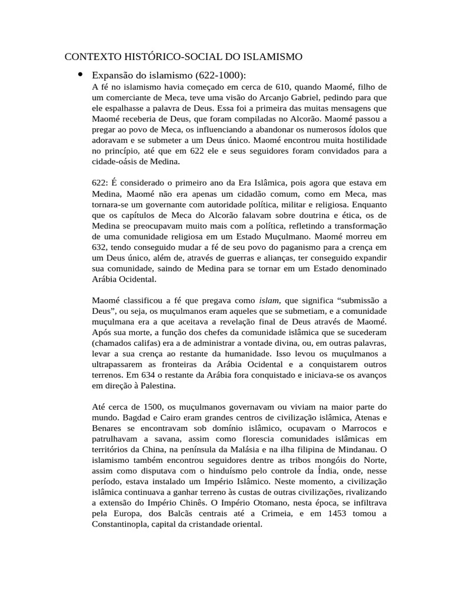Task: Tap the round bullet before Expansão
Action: coord(80,74)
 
